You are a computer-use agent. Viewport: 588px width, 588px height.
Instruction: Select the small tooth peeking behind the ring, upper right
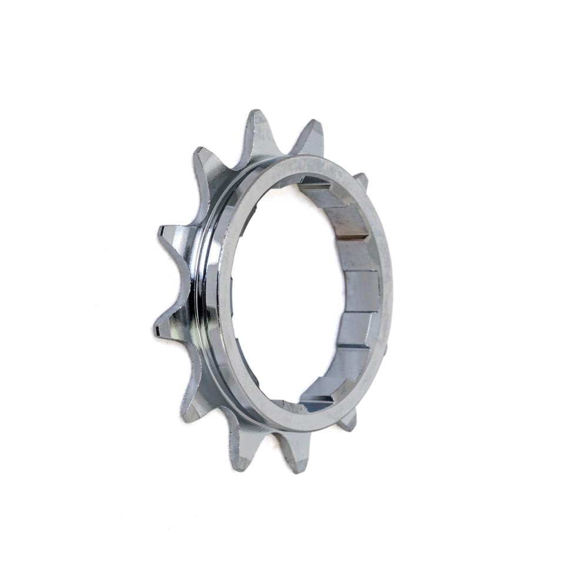pyautogui.click(x=361, y=180)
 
